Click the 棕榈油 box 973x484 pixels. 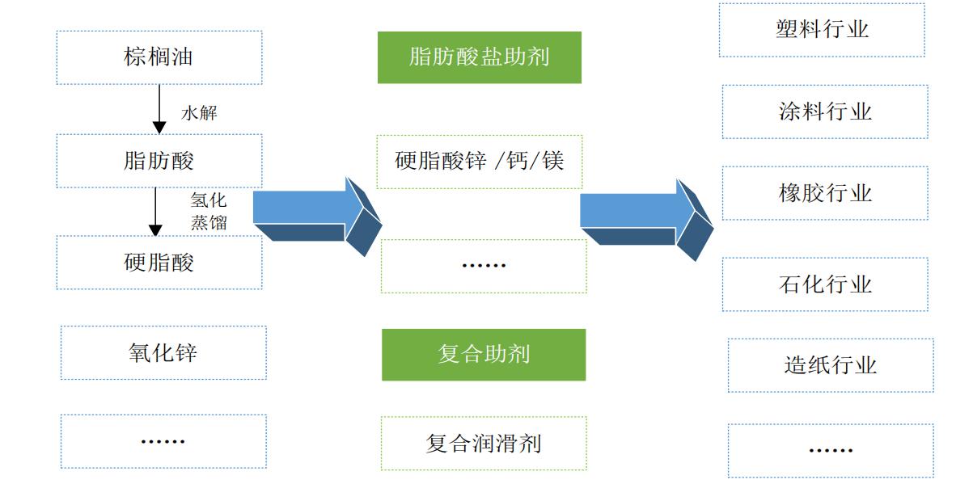click(159, 57)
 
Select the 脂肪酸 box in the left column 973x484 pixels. click(159, 161)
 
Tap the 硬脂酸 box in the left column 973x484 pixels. click(159, 263)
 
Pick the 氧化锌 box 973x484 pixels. click(163, 353)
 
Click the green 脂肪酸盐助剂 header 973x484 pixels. click(480, 57)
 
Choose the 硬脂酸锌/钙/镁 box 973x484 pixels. click(480, 161)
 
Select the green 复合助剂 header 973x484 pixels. click(484, 355)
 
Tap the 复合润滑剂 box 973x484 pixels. click(484, 444)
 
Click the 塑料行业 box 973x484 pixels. click(822, 30)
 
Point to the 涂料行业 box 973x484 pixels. click(825, 112)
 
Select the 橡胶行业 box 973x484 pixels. click(825, 193)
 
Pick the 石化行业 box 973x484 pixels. click(825, 284)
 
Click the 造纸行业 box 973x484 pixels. click(831, 365)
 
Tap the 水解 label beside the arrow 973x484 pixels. click(199, 113)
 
